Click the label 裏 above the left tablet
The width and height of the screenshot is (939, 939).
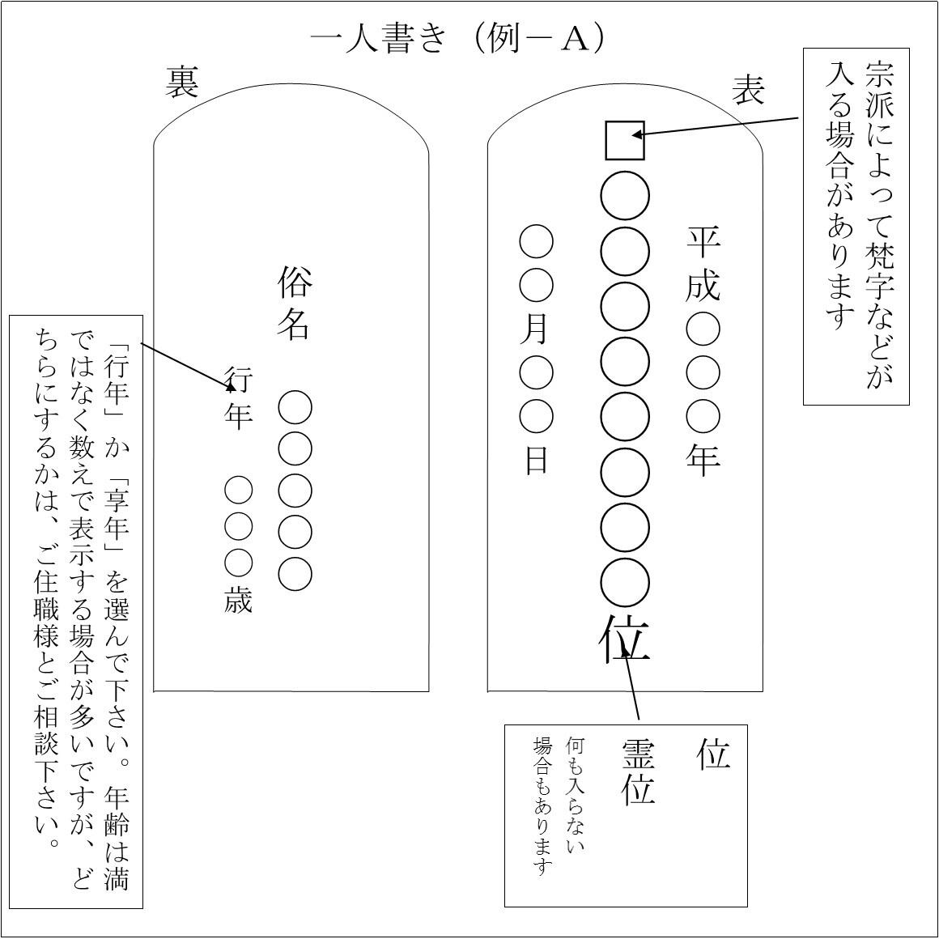(181, 82)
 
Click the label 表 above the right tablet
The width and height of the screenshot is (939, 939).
(749, 90)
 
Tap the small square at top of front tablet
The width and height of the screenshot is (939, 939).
(625, 140)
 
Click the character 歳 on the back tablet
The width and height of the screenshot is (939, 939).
(238, 600)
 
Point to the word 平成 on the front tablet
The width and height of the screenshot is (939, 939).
(703, 264)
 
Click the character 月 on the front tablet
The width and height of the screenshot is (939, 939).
(535, 329)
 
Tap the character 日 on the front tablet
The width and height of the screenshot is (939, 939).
(536, 461)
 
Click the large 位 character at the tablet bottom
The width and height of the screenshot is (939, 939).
(625, 639)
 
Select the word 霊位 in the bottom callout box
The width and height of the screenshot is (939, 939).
(638, 772)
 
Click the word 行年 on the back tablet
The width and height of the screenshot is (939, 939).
(238, 399)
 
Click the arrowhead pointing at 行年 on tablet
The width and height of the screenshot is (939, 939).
(230, 387)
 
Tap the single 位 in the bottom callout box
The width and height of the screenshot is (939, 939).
(712, 754)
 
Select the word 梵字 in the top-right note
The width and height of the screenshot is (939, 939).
(878, 270)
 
